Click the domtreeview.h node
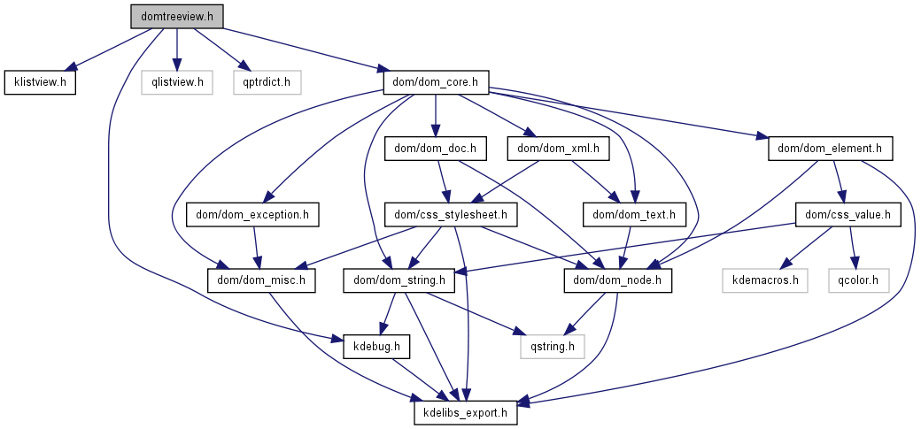[x=177, y=16]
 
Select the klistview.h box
[x=40, y=83]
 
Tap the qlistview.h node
[x=177, y=83]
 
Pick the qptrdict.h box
[x=267, y=83]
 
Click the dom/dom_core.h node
[x=437, y=83]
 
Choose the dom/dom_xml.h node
[x=559, y=148]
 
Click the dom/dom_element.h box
[x=830, y=148]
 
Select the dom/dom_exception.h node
[x=252, y=214]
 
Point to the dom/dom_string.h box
[x=399, y=280]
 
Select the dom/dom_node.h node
[x=618, y=280]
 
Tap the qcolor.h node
[x=858, y=280]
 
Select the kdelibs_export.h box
[x=465, y=412]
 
